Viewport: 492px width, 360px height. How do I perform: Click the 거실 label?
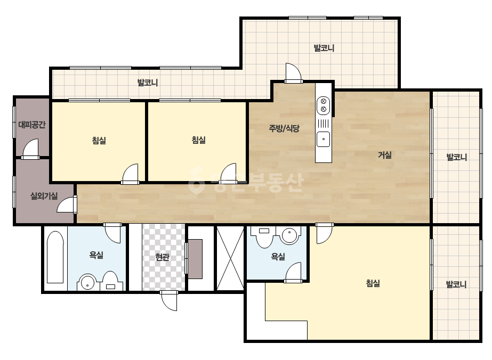pyautogui.click(x=384, y=155)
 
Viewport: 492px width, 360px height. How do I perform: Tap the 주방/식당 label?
pyautogui.click(x=284, y=128)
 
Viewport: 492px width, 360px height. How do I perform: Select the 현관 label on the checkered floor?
pyautogui.click(x=162, y=257)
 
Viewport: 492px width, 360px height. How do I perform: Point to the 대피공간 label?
pyautogui.click(x=31, y=125)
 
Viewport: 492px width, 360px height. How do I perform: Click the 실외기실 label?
pyautogui.click(x=44, y=197)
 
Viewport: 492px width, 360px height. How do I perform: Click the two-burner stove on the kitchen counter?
pyautogui.click(x=323, y=105)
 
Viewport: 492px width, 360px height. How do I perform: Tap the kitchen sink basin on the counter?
pyautogui.click(x=323, y=139)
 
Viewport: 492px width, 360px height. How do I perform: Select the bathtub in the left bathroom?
pyautogui.click(x=55, y=257)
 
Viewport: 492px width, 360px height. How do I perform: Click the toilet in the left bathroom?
pyautogui.click(x=110, y=281)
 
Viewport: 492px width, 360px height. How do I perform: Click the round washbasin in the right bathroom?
pyautogui.click(x=290, y=235)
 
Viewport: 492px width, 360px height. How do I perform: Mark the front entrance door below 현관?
pyautogui.click(x=169, y=300)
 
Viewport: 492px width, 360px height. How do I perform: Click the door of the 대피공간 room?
pyautogui.click(x=30, y=149)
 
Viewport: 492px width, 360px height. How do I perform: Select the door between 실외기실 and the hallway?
pyautogui.click(x=67, y=205)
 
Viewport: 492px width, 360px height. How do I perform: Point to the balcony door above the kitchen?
pyautogui.click(x=294, y=73)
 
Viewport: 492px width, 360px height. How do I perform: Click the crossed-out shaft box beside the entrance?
pyautogui.click(x=230, y=258)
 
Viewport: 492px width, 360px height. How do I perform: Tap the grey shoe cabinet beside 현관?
pyautogui.click(x=195, y=259)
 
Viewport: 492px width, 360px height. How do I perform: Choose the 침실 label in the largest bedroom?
pyautogui.click(x=373, y=283)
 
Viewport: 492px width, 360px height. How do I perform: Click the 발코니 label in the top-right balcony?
pyautogui.click(x=324, y=48)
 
